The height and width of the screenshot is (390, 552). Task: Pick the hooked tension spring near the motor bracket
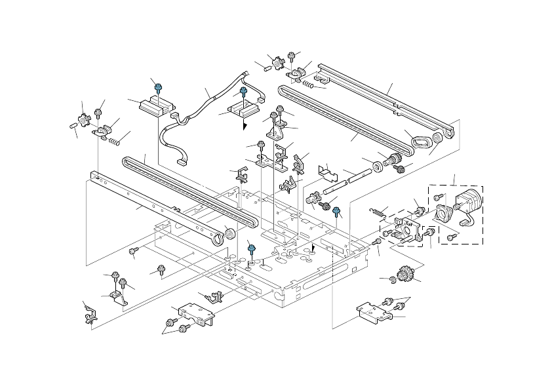(377, 212)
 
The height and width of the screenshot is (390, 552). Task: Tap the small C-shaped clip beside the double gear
(391, 280)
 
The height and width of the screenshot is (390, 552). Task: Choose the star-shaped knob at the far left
(83, 120)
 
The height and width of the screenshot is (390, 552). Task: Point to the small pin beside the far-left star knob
(71, 125)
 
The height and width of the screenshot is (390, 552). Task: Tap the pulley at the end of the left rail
(229, 235)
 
